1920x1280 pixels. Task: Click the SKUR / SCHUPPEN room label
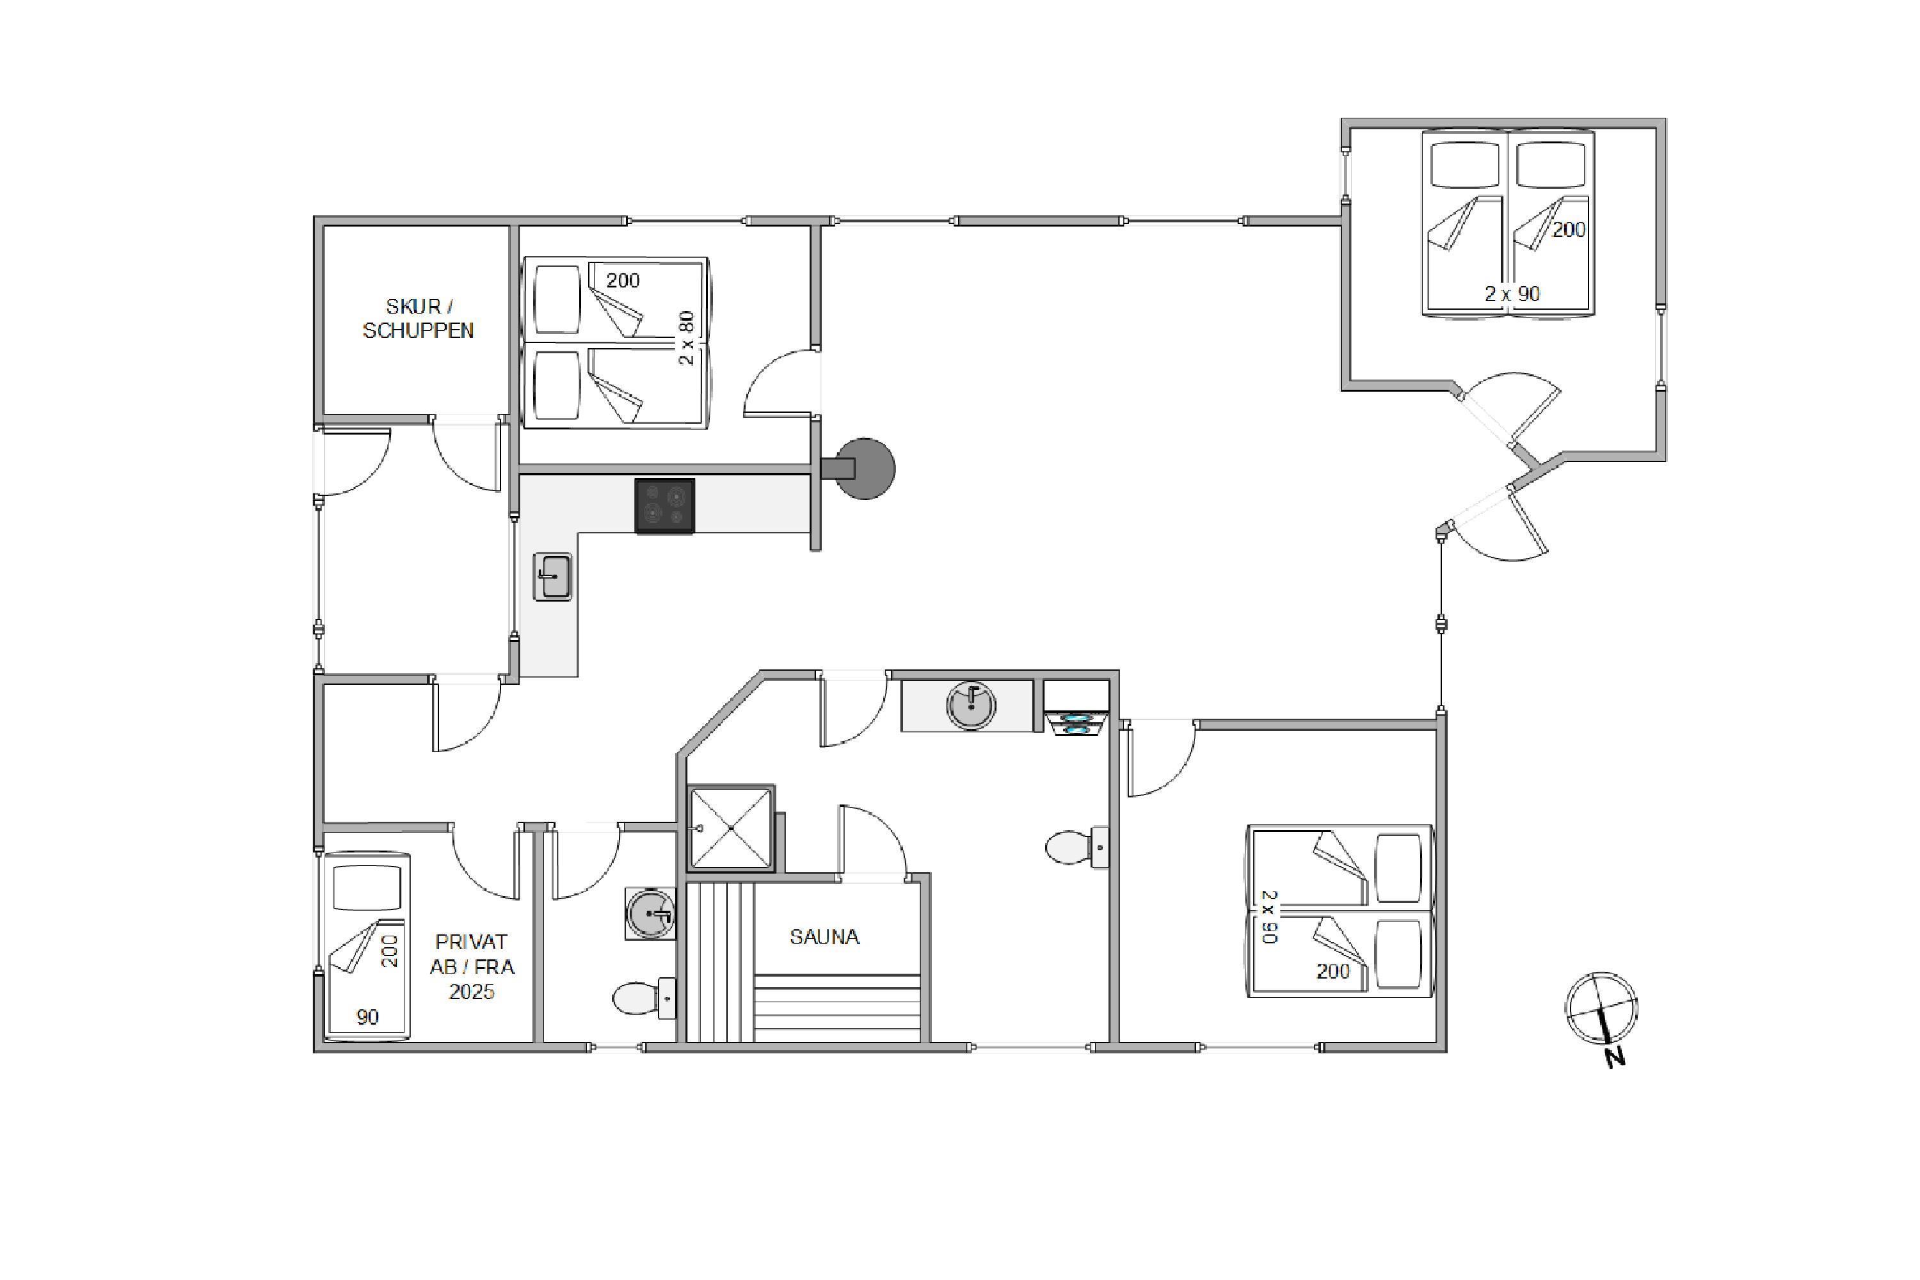pyautogui.click(x=418, y=318)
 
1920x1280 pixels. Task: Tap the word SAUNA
pyautogui.click(x=824, y=937)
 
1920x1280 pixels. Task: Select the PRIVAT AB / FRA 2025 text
pyautogui.click(x=472, y=967)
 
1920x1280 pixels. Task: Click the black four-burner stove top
pyautogui.click(x=664, y=506)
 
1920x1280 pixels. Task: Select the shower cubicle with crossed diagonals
pyautogui.click(x=732, y=828)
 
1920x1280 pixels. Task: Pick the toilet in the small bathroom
pyautogui.click(x=644, y=998)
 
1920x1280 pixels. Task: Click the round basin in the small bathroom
pyautogui.click(x=651, y=913)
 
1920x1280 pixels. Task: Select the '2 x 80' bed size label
pyautogui.click(x=687, y=337)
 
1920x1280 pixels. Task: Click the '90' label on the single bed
pyautogui.click(x=367, y=1017)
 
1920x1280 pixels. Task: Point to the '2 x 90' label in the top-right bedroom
pyautogui.click(x=1512, y=294)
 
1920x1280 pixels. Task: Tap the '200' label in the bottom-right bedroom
pyautogui.click(x=1332, y=972)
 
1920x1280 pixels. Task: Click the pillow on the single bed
pyautogui.click(x=367, y=888)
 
